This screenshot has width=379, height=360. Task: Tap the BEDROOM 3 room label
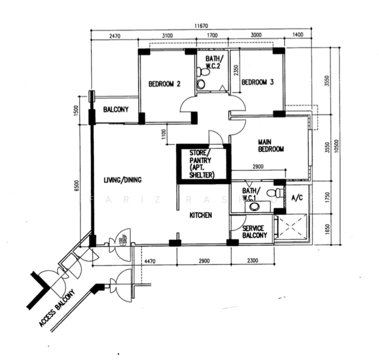[257, 82]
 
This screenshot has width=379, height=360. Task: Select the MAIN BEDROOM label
[270, 145]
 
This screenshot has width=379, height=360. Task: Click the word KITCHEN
[200, 215]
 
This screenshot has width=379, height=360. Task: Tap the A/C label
[296, 197]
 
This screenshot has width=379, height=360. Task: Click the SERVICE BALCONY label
[254, 233]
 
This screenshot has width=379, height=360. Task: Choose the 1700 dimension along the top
[212, 37]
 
